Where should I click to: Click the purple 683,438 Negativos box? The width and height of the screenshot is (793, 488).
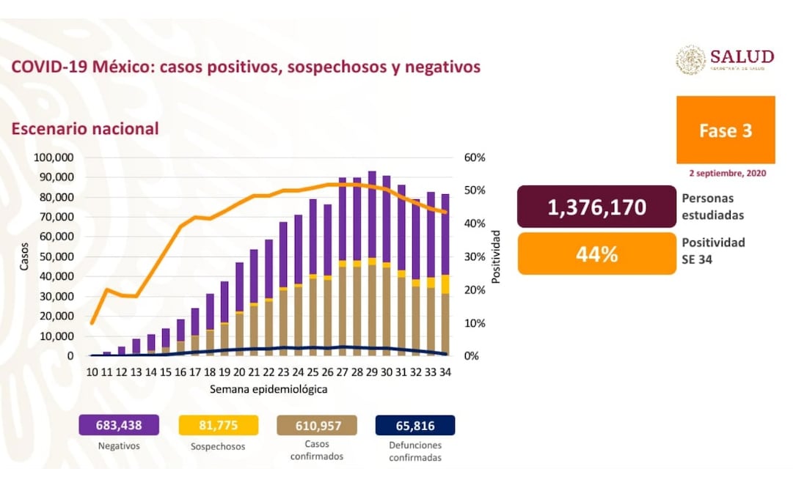[118, 425]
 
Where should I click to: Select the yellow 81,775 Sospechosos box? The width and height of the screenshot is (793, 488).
[219, 425]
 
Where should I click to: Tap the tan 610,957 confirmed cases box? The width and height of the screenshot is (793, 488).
[317, 425]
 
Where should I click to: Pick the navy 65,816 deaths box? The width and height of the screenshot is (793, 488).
[415, 425]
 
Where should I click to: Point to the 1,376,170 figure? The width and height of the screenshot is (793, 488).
[596, 207]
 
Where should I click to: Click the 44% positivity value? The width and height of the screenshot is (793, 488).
[596, 254]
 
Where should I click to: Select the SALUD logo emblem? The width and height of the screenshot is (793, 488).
[690, 60]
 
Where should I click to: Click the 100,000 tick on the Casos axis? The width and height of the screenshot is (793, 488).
[54, 158]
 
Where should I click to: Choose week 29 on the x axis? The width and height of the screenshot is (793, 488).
[373, 371]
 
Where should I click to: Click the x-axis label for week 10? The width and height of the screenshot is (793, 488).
[92, 371]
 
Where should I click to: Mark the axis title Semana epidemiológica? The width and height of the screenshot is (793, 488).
[268, 389]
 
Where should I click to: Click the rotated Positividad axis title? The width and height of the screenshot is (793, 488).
[496, 257]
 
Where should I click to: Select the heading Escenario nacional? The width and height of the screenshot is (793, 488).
[84, 129]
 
